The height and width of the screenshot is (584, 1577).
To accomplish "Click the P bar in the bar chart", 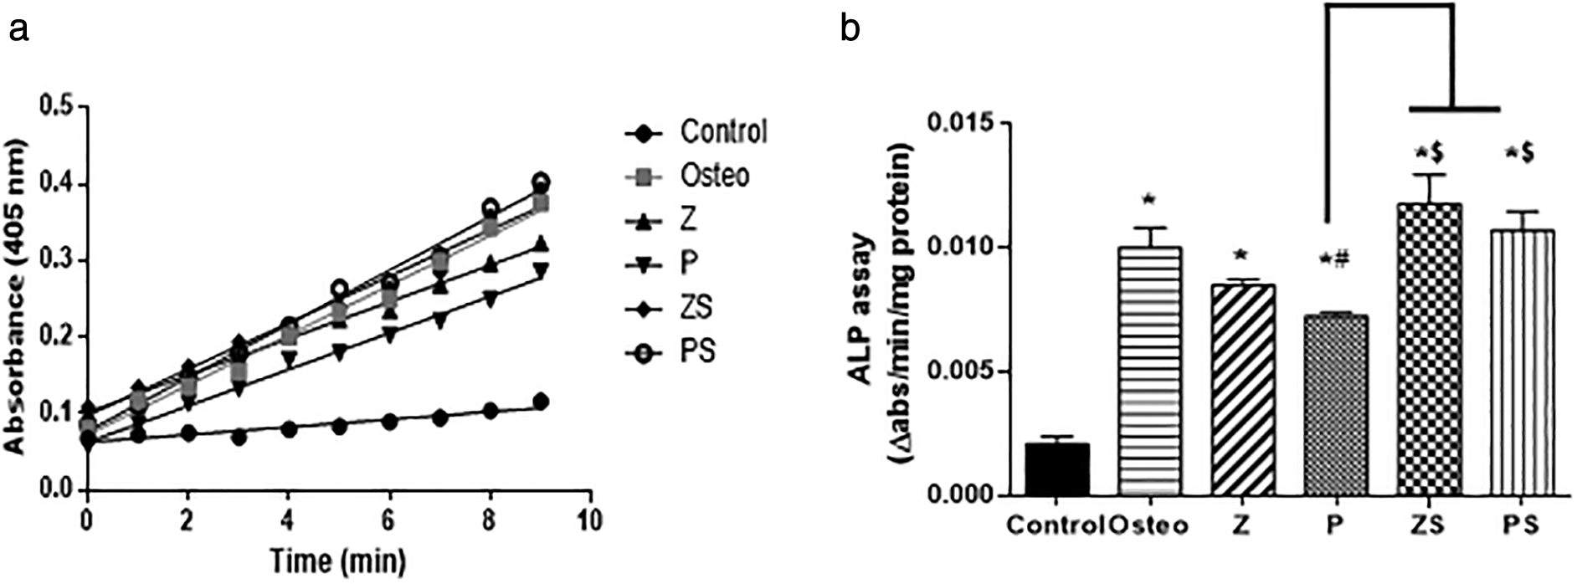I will point(1337,405).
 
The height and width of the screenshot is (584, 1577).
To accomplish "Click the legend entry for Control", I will point(722,132).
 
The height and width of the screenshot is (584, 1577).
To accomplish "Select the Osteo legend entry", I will point(714,176).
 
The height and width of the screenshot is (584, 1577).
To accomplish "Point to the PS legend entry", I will point(696,352).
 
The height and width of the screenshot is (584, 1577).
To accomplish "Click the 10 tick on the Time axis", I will point(591,519).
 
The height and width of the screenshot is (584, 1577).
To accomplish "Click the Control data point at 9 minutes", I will point(541,402).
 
